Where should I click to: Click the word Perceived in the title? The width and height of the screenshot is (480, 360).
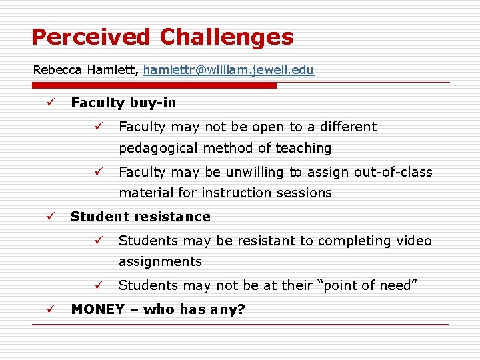[91, 37]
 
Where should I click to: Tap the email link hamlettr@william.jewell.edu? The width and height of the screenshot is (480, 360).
[228, 70]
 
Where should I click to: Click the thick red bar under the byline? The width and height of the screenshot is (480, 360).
[154, 85]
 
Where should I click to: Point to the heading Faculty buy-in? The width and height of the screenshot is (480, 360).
[123, 103]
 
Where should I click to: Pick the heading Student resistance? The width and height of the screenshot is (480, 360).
[140, 217]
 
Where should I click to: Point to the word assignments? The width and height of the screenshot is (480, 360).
[160, 262]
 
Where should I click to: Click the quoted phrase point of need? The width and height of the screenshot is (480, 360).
[369, 285]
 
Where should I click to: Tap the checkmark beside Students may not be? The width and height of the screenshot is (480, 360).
[97, 285]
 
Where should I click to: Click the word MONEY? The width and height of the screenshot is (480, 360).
[97, 309]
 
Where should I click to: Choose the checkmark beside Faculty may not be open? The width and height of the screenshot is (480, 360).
[97, 127]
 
